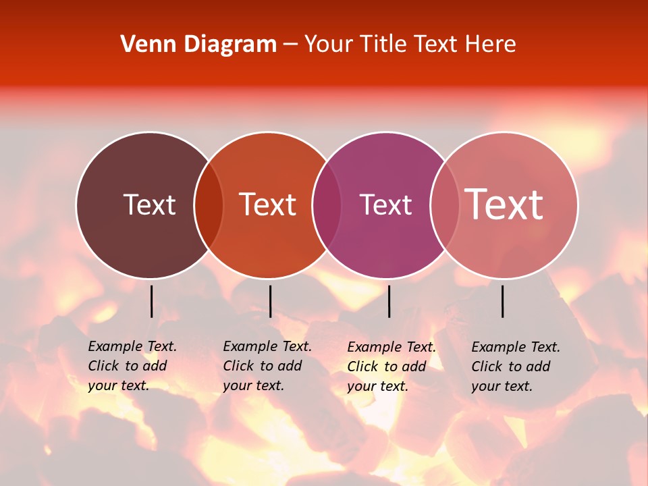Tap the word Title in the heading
tap(383, 45)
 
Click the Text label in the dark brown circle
tap(149, 205)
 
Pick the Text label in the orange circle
tap(268, 205)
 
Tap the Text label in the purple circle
tap(385, 205)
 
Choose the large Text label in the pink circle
tap(504, 205)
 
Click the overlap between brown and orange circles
tap(209, 205)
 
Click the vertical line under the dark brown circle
tap(151, 301)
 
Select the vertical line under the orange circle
tap(270, 301)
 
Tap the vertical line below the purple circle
tap(389, 301)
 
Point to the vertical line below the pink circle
tap(503, 301)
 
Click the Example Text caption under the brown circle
tap(132, 366)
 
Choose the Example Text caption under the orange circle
tap(267, 366)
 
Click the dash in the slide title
tap(290, 45)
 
